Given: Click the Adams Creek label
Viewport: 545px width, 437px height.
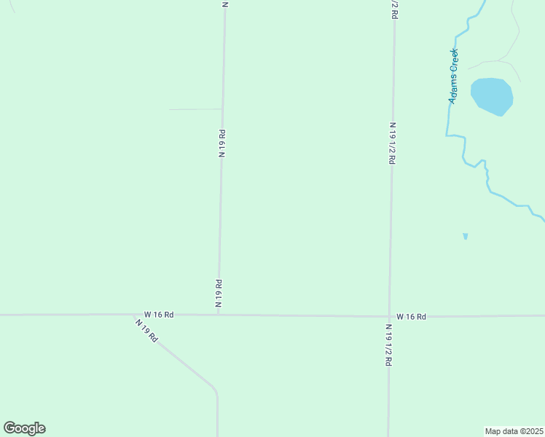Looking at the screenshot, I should tap(453, 76).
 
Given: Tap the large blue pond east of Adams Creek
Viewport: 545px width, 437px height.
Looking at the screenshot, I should tap(492, 95).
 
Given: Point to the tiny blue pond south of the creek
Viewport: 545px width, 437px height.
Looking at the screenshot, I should tap(465, 236).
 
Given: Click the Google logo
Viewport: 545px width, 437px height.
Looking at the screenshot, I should tap(24, 428).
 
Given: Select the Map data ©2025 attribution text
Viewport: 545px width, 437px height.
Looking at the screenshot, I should tap(514, 431).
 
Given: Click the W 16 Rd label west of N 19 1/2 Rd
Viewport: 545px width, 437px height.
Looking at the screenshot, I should tap(159, 315).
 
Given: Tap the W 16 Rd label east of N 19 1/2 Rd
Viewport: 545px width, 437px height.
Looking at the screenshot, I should tap(411, 317).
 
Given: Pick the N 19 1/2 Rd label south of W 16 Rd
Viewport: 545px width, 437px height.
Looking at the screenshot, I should tap(388, 345).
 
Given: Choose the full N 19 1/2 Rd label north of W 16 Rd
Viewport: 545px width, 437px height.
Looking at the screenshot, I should tap(392, 143).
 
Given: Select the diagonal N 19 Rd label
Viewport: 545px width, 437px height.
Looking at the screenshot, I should tap(146, 331).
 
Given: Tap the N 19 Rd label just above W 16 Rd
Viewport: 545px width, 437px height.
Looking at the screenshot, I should tap(219, 294).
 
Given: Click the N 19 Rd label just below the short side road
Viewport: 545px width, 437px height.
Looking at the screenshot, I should tap(221, 143).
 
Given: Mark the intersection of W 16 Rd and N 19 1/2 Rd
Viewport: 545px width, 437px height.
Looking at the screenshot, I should tap(390, 316).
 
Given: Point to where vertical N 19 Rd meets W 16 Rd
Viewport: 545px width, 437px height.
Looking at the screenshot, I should tap(219, 315).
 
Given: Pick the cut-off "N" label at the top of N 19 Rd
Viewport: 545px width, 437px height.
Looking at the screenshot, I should tap(225, 4).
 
